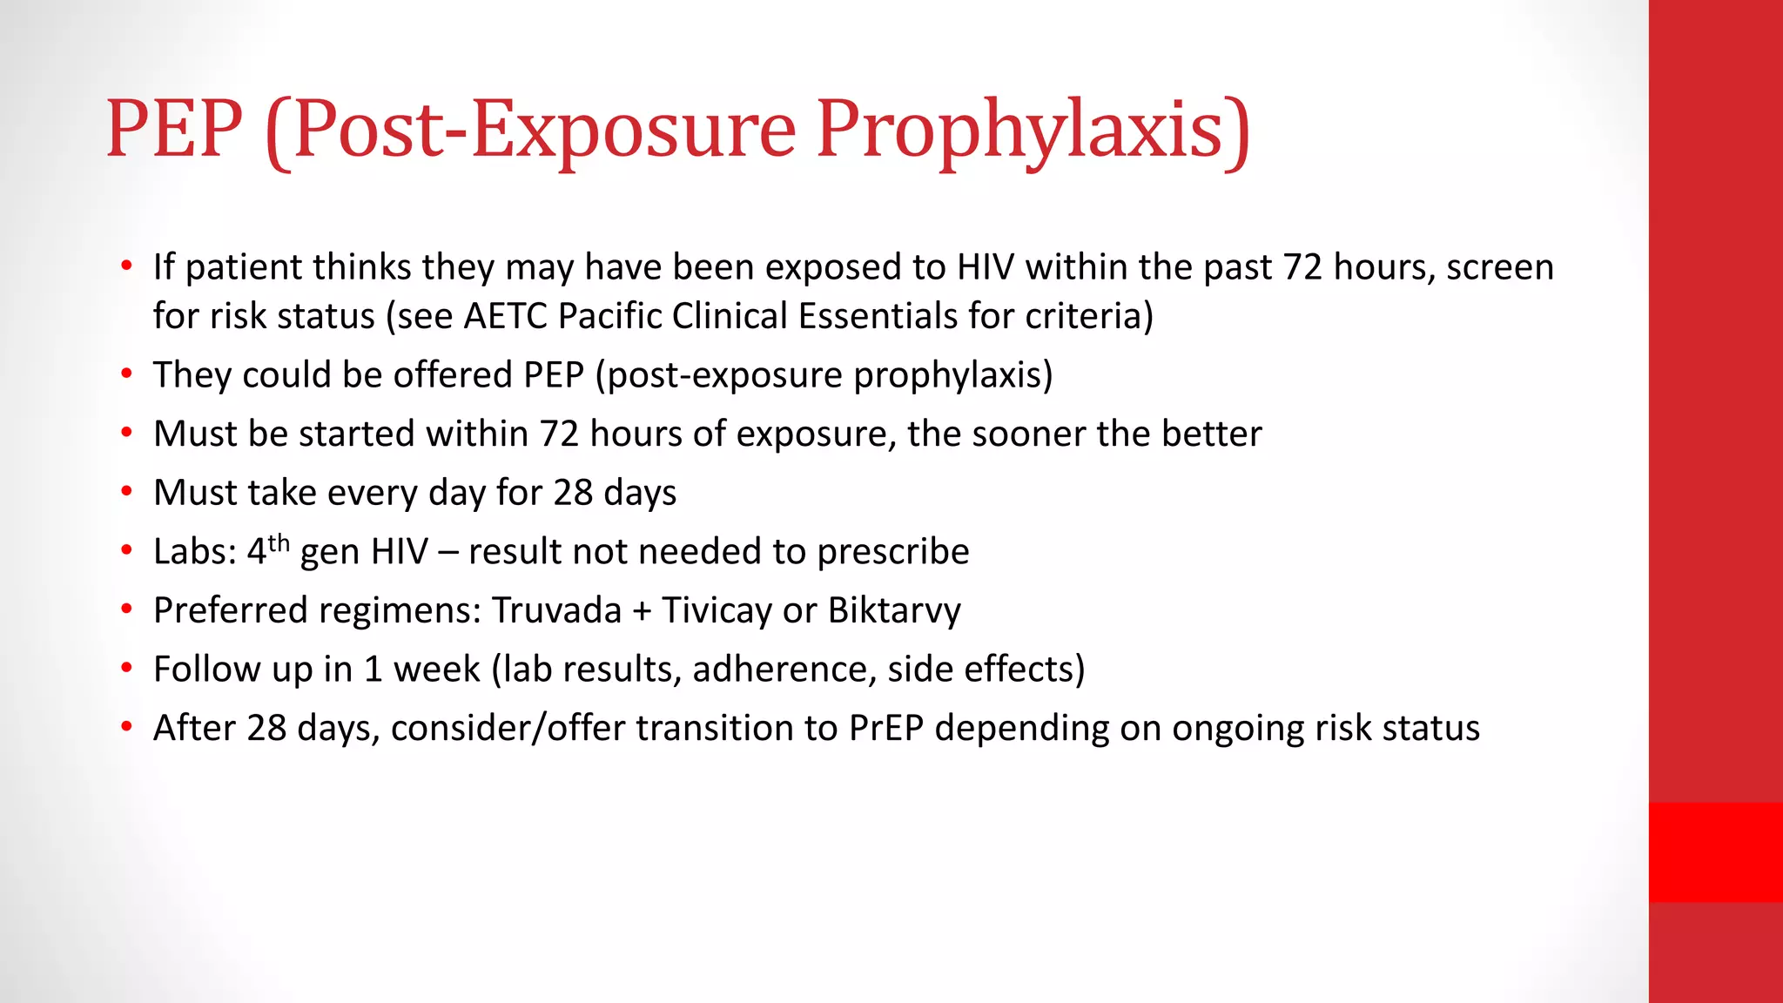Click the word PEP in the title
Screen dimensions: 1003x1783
174,129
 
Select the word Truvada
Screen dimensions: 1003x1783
556,610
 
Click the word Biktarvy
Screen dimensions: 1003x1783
894,610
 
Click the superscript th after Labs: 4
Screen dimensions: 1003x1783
279,543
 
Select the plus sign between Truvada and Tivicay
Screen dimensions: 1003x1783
643,611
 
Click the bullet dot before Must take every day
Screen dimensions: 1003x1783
127,492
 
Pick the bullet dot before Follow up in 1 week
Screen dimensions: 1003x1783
127,669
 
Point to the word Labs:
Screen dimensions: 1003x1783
195,552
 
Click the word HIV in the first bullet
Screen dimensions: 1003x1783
986,267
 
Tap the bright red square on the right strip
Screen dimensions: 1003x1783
1715,852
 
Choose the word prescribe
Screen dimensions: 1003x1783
893,552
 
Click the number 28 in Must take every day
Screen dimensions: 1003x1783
573,493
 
